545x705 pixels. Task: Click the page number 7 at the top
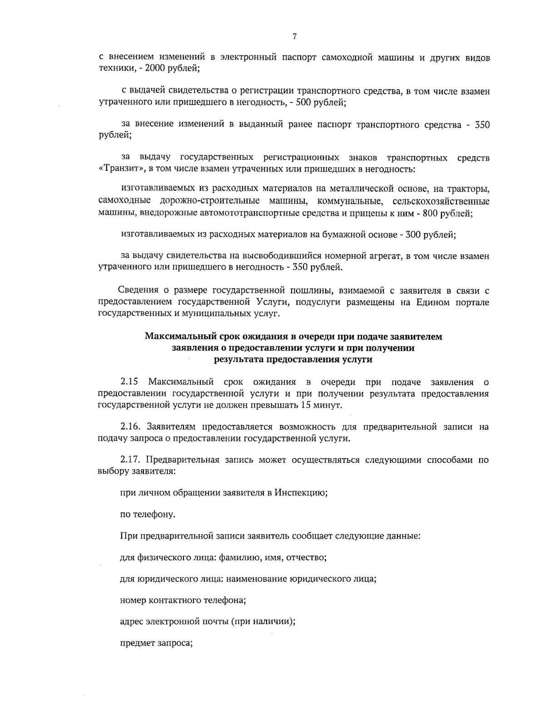click(295, 37)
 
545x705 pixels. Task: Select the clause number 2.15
click(129, 382)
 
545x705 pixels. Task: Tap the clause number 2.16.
click(130, 427)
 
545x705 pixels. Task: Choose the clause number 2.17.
click(130, 460)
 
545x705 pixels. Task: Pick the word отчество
click(308, 558)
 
